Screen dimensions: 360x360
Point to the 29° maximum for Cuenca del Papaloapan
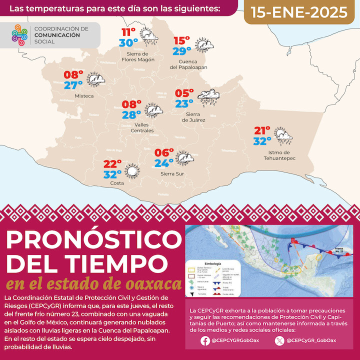pyautogui.click(x=182, y=51)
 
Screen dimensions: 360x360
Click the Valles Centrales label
pyautogui.click(x=141, y=127)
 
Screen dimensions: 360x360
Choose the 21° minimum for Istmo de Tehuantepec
pyautogui.click(x=262, y=131)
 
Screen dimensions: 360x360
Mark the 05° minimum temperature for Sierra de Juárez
pyautogui.click(x=184, y=93)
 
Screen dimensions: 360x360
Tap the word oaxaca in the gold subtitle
pyautogui.click(x=152, y=284)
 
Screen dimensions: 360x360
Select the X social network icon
pyautogui.click(x=279, y=341)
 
